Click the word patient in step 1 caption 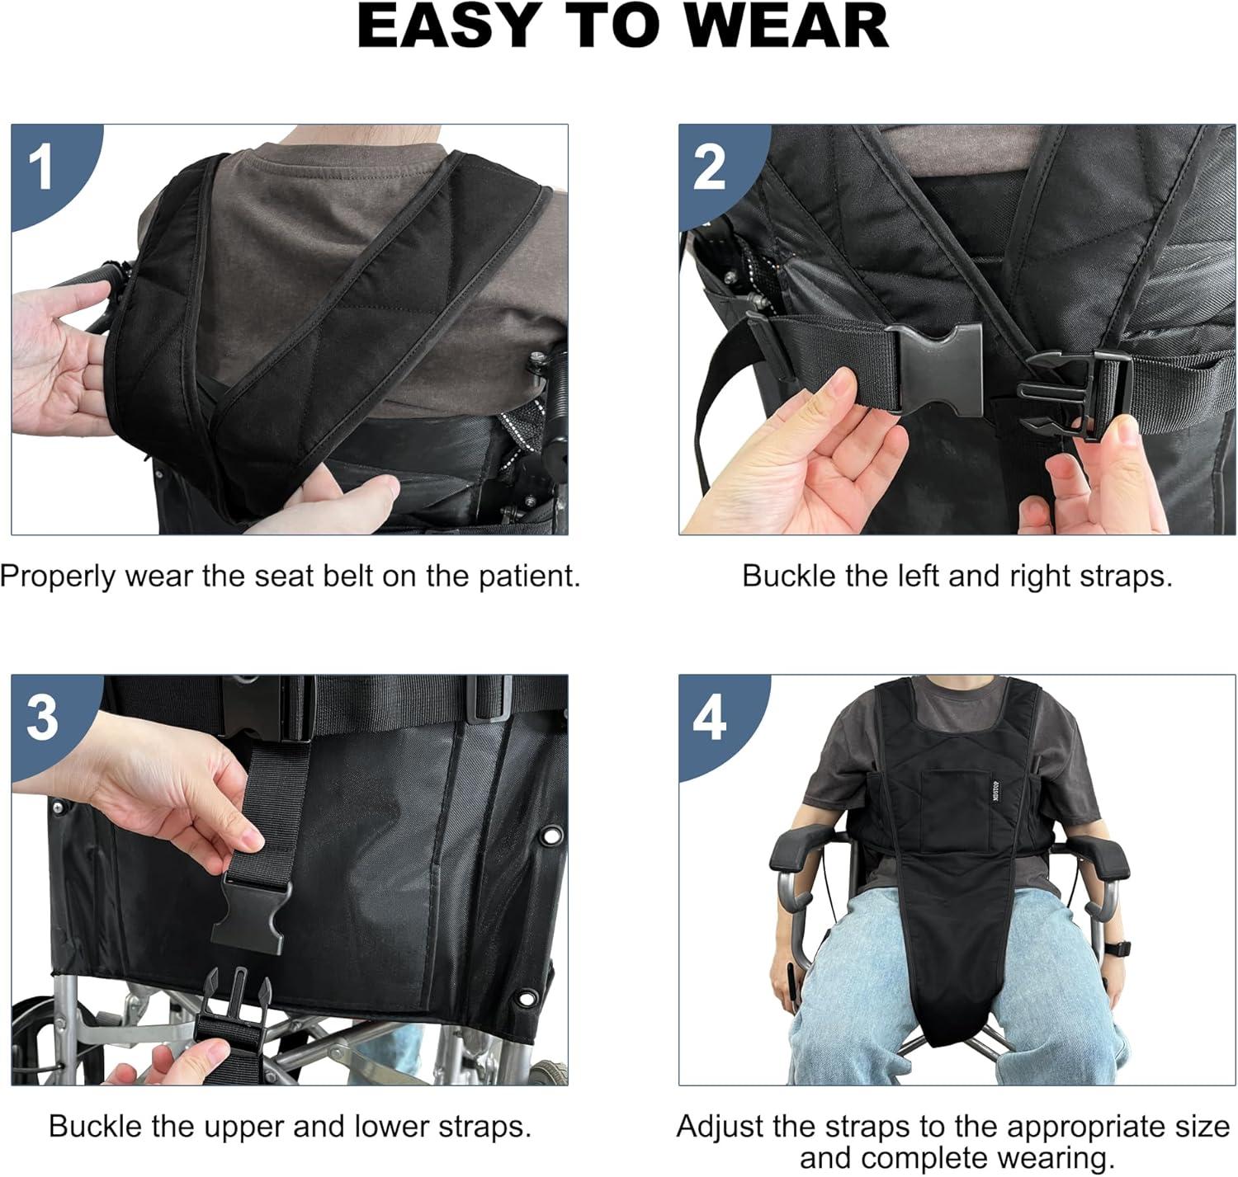point(529,577)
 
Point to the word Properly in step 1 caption point(57,577)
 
